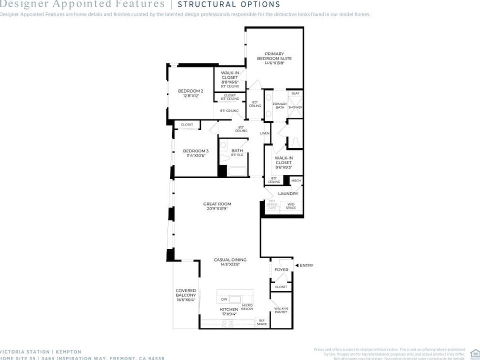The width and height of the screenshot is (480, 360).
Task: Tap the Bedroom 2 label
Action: (190, 93)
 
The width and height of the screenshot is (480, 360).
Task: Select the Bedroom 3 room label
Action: (195, 153)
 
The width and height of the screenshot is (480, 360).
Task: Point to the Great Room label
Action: (217, 206)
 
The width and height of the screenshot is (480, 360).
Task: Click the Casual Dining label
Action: (230, 261)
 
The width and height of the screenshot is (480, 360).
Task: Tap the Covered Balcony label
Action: (185, 295)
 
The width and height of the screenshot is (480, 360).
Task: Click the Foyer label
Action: (281, 270)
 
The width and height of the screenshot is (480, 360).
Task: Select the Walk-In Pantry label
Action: (281, 310)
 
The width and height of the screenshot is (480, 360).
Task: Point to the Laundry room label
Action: (288, 193)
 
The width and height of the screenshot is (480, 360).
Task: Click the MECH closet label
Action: (296, 180)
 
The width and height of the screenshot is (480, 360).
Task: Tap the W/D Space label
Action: (291, 205)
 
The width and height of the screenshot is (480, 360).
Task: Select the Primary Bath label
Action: (279, 105)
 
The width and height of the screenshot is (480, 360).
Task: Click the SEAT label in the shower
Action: (295, 93)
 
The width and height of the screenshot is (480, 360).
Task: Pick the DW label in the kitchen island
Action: (224, 299)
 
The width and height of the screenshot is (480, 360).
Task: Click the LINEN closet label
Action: (265, 133)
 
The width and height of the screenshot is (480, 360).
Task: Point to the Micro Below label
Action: (247, 306)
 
